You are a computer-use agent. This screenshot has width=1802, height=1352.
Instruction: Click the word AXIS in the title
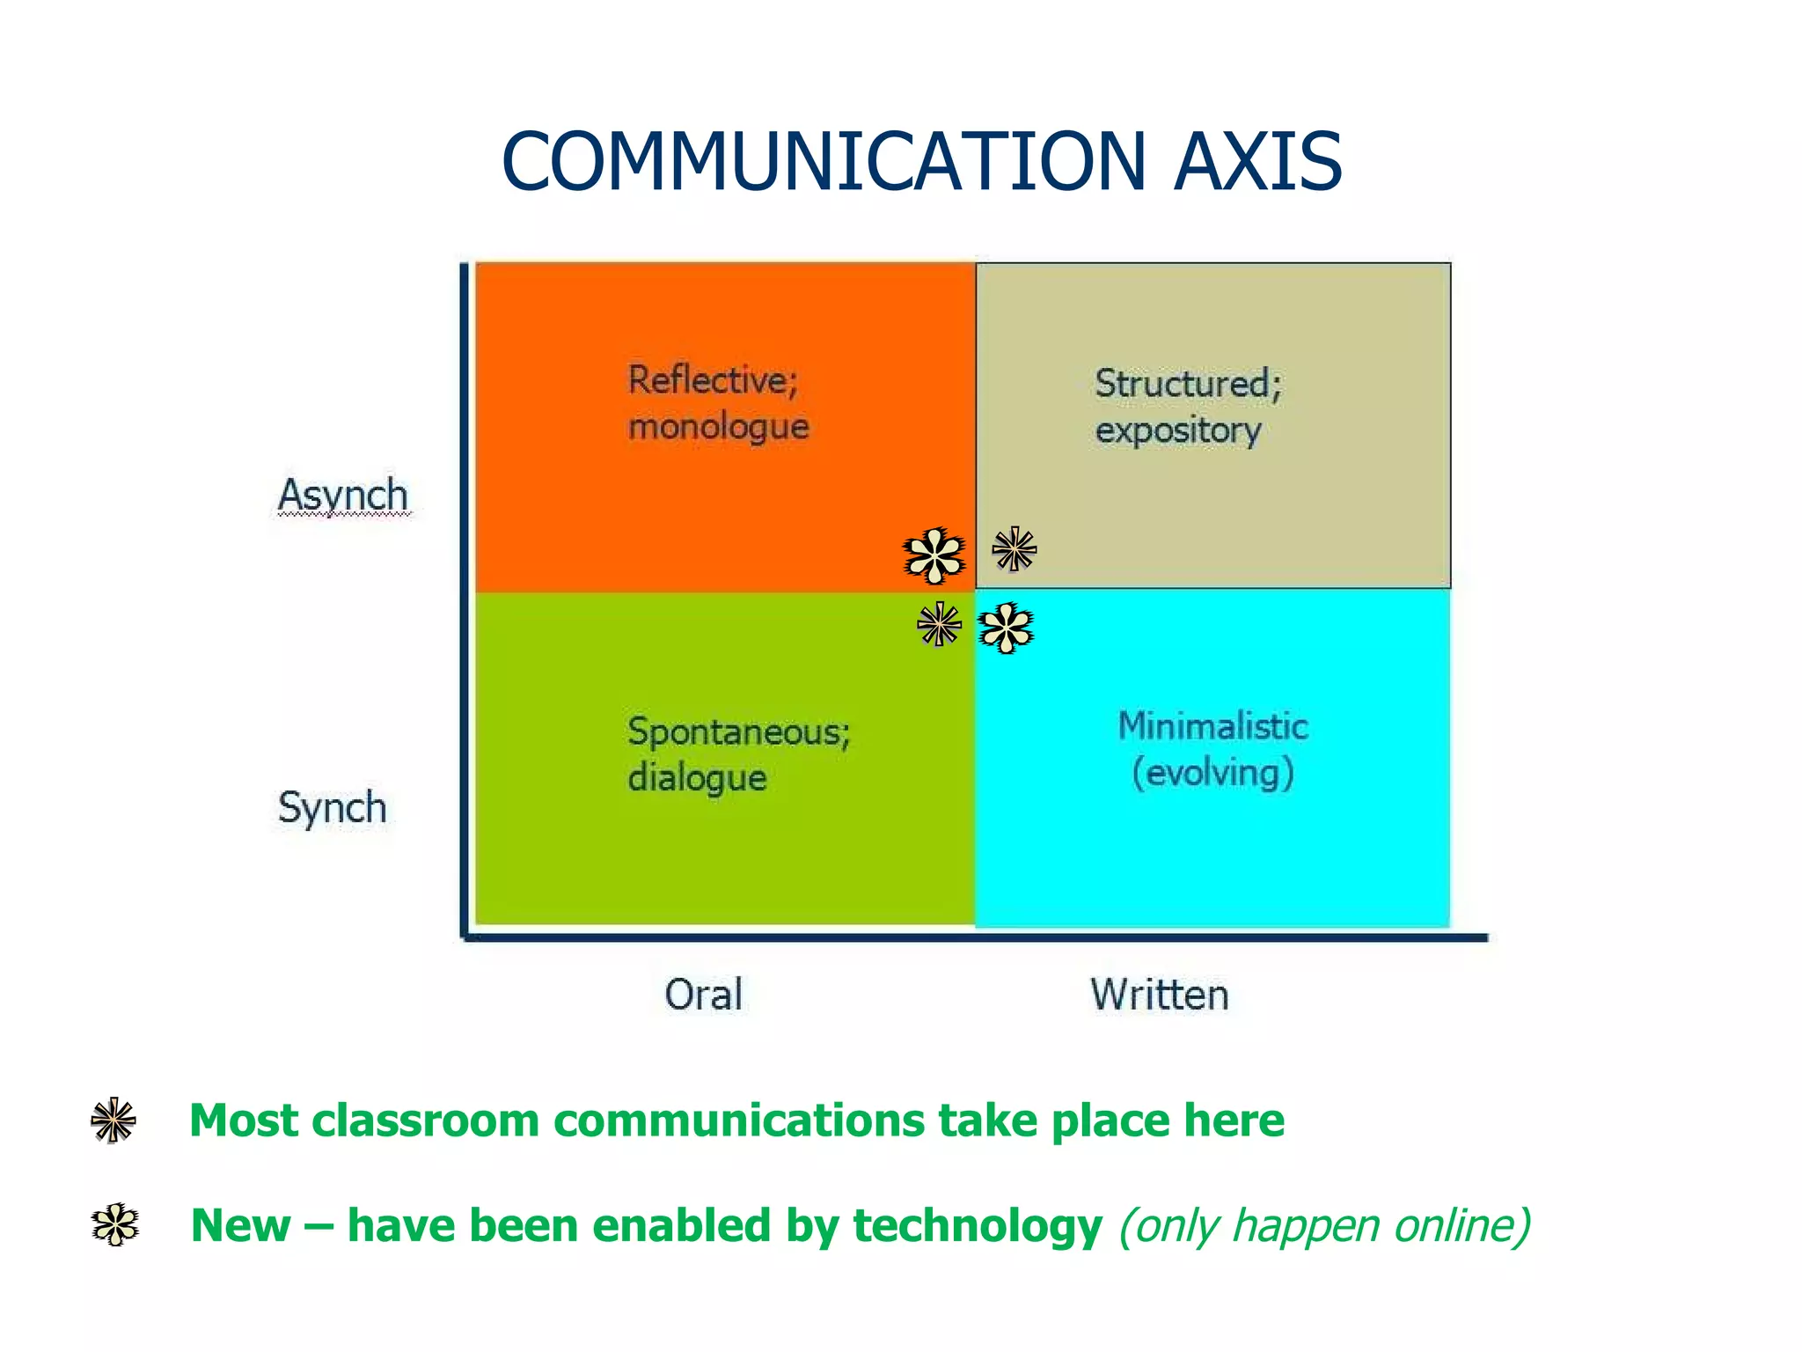tap(1257, 162)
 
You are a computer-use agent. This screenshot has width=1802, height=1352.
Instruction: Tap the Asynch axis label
tap(343, 496)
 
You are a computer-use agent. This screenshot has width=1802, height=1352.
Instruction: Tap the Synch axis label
tap(333, 807)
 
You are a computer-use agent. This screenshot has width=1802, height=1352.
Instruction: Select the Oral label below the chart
tap(703, 995)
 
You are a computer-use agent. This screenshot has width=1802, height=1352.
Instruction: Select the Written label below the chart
tap(1160, 995)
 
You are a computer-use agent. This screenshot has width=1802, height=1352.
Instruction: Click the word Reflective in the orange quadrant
tap(712, 381)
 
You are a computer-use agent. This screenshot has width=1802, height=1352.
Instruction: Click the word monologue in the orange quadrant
tap(718, 427)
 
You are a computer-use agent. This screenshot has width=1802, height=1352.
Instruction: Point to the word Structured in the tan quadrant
tap(1186, 385)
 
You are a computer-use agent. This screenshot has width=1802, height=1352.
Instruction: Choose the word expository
tap(1177, 430)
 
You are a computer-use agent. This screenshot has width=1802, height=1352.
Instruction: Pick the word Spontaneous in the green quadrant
tap(738, 732)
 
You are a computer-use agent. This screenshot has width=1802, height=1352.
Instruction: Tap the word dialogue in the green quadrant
tap(697, 778)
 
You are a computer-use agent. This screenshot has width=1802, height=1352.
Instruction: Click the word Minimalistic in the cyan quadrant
tap(1212, 727)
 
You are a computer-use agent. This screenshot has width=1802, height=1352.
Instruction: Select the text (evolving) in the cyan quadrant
tap(1212, 773)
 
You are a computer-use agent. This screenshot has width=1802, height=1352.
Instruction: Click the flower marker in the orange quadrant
tap(934, 555)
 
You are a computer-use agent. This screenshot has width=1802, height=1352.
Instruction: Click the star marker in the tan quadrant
tap(1015, 549)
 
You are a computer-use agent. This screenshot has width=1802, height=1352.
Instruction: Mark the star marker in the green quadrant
tap(939, 625)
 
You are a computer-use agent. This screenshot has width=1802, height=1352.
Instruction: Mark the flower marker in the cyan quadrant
tap(1007, 628)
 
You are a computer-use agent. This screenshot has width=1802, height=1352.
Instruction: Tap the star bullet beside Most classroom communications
tap(114, 1121)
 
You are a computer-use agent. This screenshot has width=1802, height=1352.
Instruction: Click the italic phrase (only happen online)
tap(1324, 1225)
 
